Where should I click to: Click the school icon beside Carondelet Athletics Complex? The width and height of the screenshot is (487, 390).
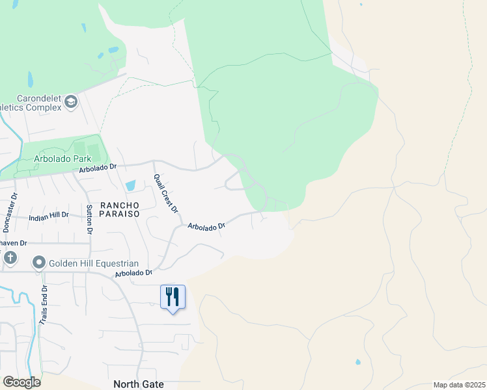[71, 101]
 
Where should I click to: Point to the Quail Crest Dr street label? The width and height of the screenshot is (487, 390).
[165, 193]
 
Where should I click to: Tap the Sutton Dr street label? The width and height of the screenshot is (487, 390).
[89, 218]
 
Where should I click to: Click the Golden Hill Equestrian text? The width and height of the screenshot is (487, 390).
[95, 263]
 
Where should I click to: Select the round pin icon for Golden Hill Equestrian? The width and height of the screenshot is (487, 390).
[39, 263]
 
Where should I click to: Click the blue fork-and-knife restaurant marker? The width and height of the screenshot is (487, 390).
[173, 297]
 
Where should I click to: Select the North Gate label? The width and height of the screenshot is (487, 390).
[138, 384]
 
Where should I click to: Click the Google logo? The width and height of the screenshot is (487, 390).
[21, 382]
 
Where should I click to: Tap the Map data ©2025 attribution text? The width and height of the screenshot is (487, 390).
[458, 385]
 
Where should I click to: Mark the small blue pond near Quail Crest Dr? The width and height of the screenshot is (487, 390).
[130, 185]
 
